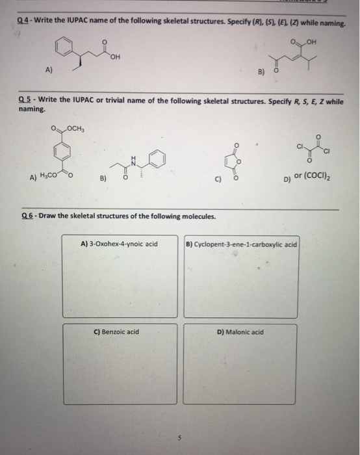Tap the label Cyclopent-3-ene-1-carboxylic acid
tap(241, 245)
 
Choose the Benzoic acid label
tap(117, 331)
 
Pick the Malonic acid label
tap(240, 331)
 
